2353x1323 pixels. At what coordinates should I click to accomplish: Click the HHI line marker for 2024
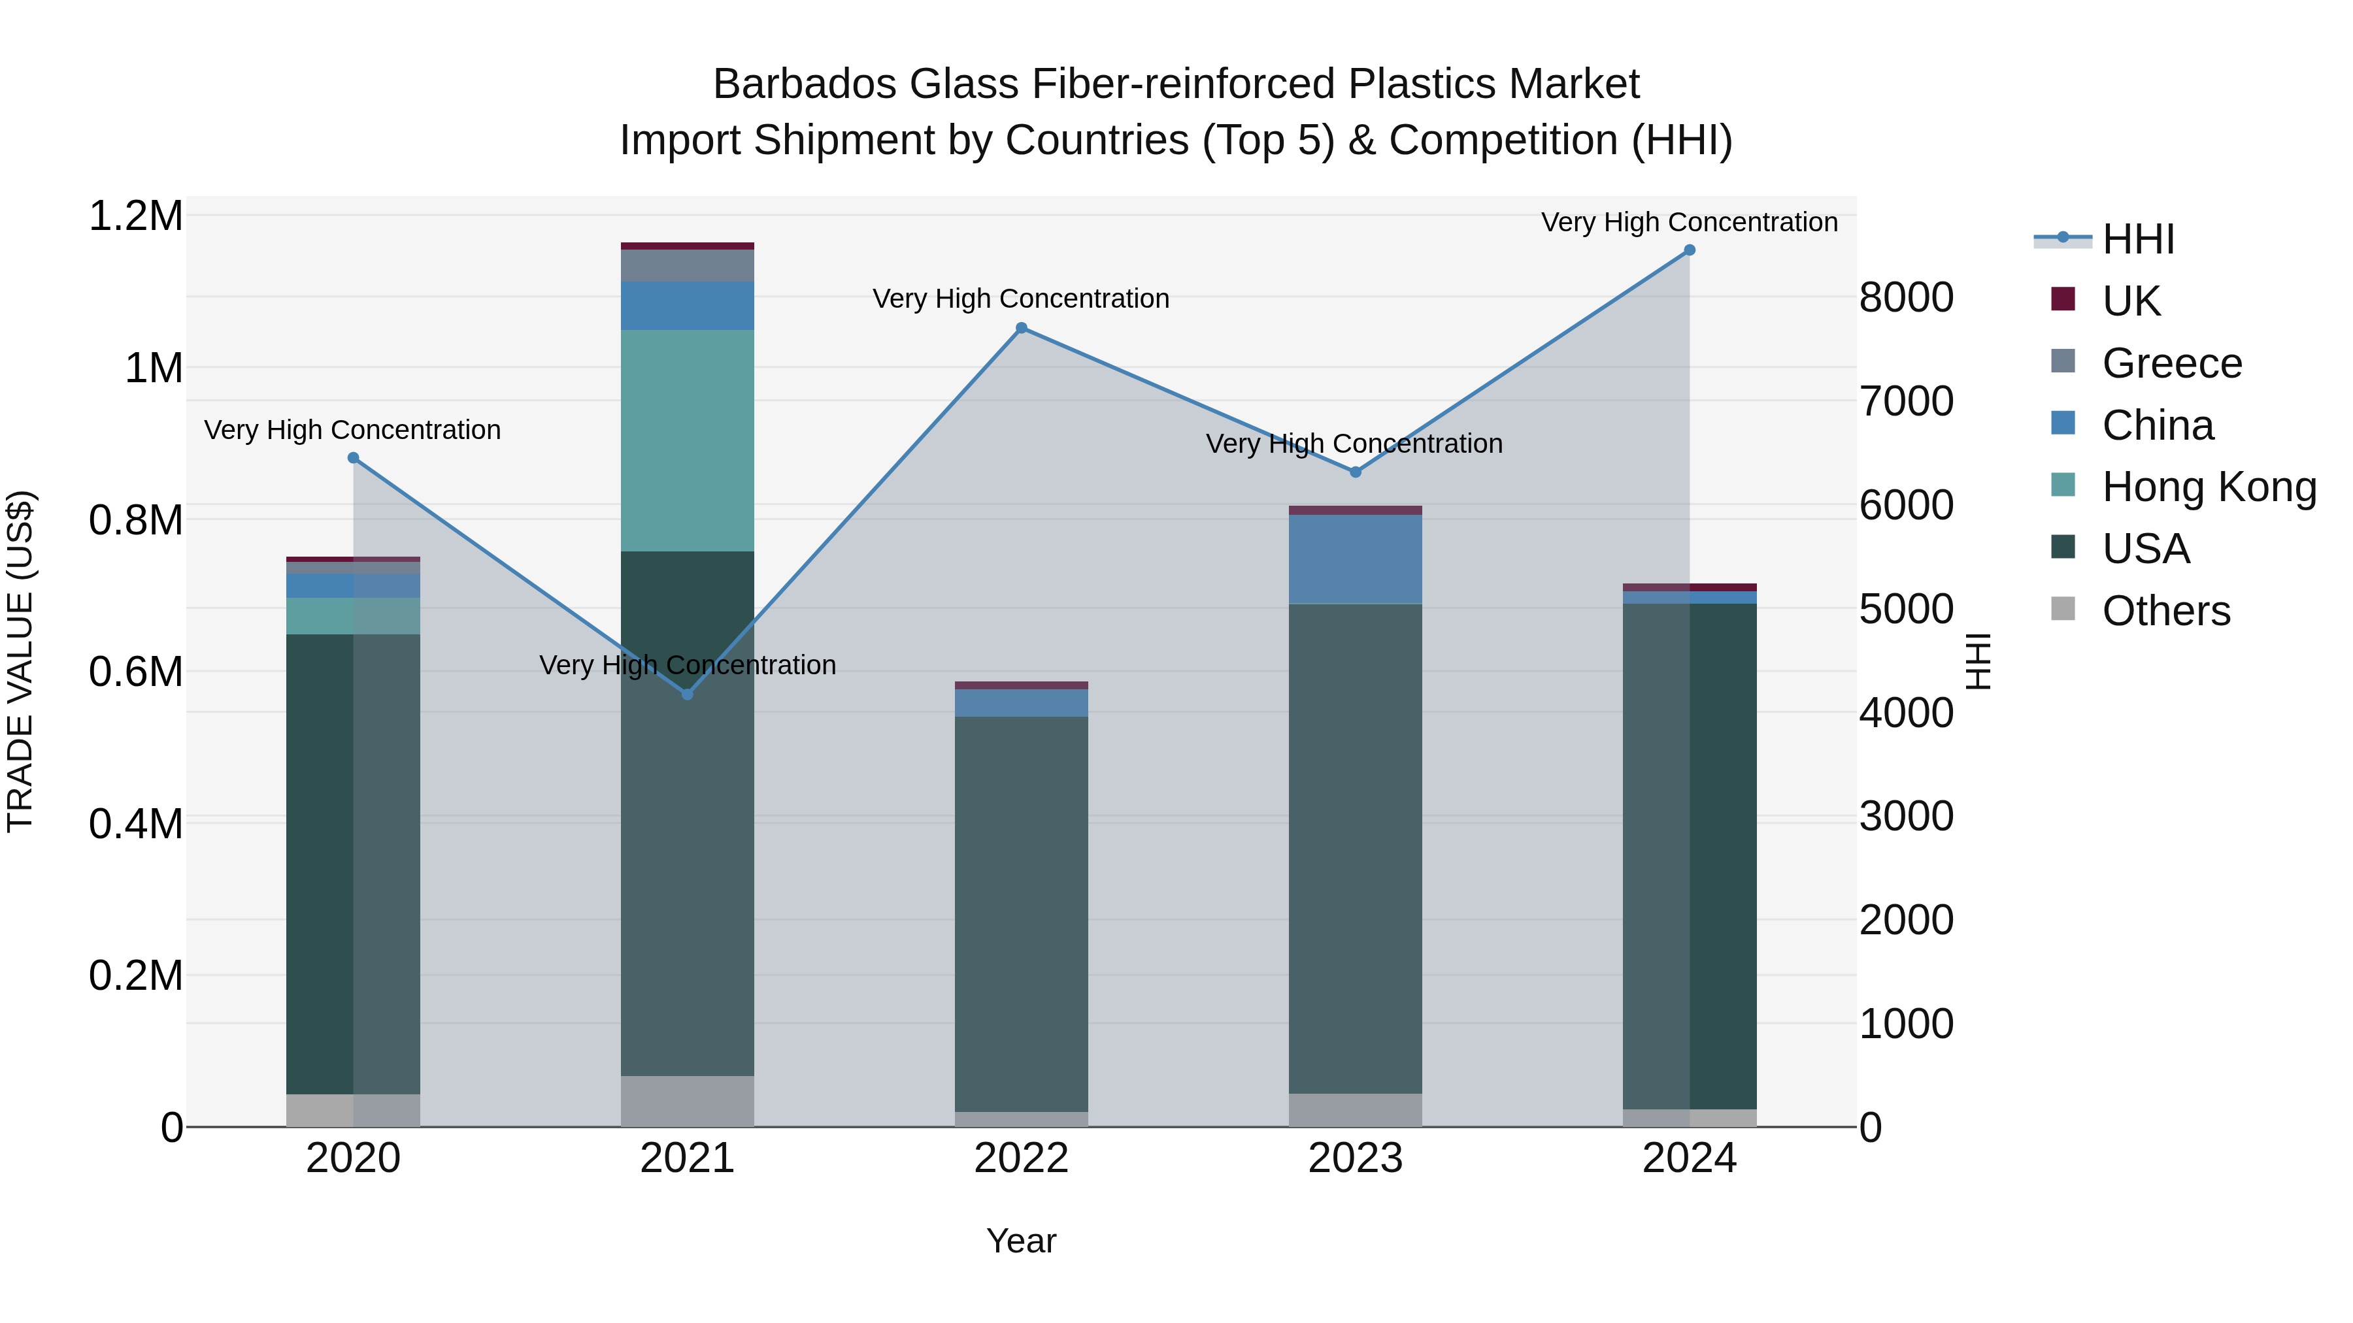coord(1689,250)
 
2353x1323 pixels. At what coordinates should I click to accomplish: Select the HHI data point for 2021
coord(688,694)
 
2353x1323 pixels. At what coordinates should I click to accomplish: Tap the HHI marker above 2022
coord(1021,328)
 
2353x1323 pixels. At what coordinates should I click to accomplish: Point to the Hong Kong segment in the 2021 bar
coord(688,440)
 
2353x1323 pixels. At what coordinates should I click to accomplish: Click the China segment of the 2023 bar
coord(1355,559)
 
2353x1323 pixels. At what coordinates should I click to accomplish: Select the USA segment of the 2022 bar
coord(1021,913)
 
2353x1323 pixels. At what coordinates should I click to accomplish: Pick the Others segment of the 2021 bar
coord(688,1100)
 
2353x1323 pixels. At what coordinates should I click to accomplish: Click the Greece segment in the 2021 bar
coord(688,265)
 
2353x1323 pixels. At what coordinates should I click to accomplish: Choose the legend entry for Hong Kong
coord(2209,487)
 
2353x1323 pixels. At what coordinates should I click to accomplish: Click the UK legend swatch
coord(2063,299)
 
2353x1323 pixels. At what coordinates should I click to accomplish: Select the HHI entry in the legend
coord(2137,239)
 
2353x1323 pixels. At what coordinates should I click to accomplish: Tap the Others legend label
coord(2166,611)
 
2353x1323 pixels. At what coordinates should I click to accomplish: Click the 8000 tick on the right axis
coord(1907,298)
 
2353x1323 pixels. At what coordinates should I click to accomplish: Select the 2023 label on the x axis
coord(1355,1158)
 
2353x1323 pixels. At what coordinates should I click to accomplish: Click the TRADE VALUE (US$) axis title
coord(20,661)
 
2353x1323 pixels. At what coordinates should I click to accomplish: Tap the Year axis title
coord(1021,1241)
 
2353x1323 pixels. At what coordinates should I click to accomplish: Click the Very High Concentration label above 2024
coord(1689,222)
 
